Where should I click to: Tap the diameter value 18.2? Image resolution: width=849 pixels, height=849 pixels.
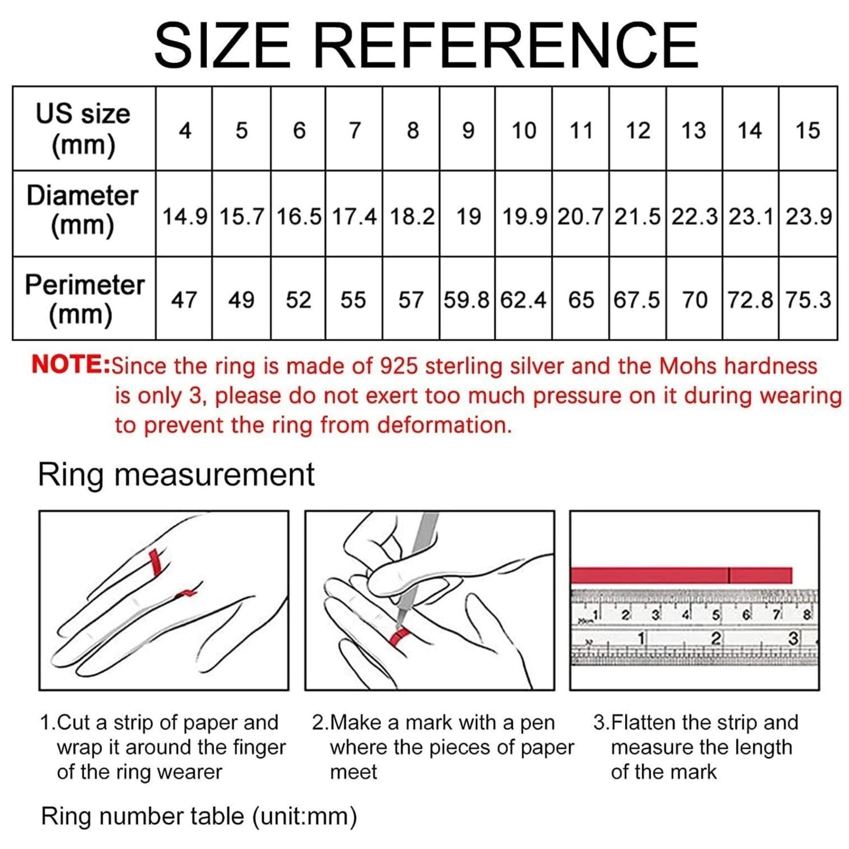(412, 217)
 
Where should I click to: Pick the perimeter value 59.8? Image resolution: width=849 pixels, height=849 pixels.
(467, 300)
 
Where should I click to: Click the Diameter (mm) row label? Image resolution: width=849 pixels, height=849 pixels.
(82, 210)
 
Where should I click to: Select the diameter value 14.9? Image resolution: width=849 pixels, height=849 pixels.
(184, 217)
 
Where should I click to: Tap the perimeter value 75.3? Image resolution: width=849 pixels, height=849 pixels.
(808, 300)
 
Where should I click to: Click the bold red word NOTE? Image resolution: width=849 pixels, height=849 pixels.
(71, 365)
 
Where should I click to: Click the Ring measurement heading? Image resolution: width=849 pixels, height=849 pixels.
(176, 475)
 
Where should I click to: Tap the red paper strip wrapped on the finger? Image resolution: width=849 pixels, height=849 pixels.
(155, 563)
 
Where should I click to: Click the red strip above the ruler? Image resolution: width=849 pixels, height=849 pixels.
(681, 575)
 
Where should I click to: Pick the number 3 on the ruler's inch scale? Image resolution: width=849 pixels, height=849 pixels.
(794, 637)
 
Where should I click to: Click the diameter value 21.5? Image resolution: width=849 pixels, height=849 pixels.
(637, 217)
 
